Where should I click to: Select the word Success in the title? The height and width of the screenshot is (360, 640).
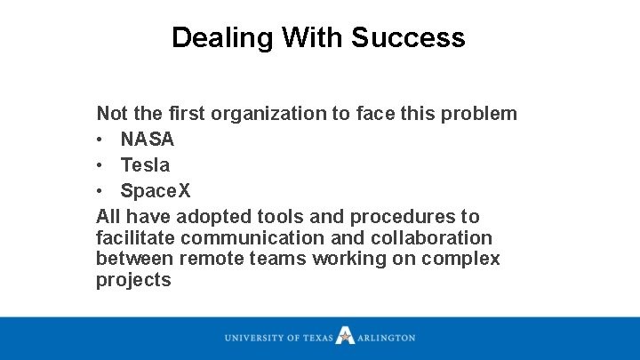[408, 38]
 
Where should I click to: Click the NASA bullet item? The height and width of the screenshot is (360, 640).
[148, 140]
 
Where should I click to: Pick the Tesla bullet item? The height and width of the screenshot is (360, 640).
[145, 165]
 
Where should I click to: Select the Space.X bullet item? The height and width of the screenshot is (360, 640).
[156, 191]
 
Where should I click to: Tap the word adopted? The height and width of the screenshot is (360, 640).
[212, 217]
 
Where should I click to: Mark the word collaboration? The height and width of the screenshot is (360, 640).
[436, 238]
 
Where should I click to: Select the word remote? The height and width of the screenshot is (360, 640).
[209, 259]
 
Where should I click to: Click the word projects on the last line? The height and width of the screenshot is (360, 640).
[133, 280]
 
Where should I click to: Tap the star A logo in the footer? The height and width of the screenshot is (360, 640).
[346, 337]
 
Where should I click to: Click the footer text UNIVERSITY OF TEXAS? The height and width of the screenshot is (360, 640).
[278, 338]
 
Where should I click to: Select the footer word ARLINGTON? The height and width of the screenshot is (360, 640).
[387, 338]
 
